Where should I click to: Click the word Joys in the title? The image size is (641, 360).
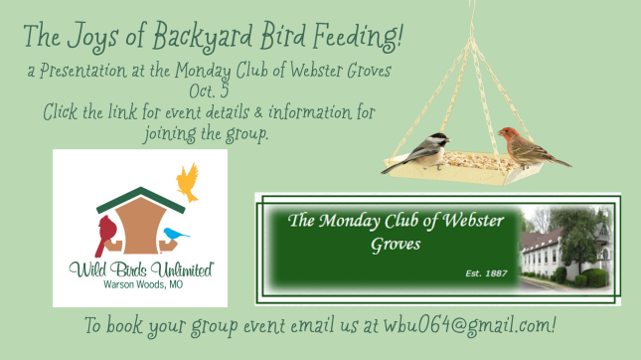click(x=92, y=37)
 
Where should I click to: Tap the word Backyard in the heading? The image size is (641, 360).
click(x=203, y=37)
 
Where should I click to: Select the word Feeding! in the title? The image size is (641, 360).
click(x=358, y=37)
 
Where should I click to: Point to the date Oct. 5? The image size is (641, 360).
click(x=209, y=90)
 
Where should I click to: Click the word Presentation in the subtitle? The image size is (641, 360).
click(x=83, y=71)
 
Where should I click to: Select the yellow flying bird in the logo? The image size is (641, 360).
click(x=188, y=182)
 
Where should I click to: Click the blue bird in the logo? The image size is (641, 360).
click(x=175, y=234)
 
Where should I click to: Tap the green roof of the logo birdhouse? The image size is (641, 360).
click(x=141, y=200)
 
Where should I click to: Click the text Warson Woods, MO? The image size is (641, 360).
click(x=143, y=284)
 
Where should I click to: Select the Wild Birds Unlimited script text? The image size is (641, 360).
click(x=141, y=270)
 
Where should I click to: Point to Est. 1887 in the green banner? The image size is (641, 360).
click(x=487, y=273)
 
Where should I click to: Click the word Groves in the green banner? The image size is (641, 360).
click(x=396, y=245)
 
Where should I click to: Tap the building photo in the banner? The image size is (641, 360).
click(x=566, y=249)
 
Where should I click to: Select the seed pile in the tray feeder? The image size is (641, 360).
click(x=478, y=161)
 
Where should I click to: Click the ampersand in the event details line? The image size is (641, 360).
click(x=258, y=112)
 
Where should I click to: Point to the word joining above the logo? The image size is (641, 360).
click(x=170, y=134)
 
